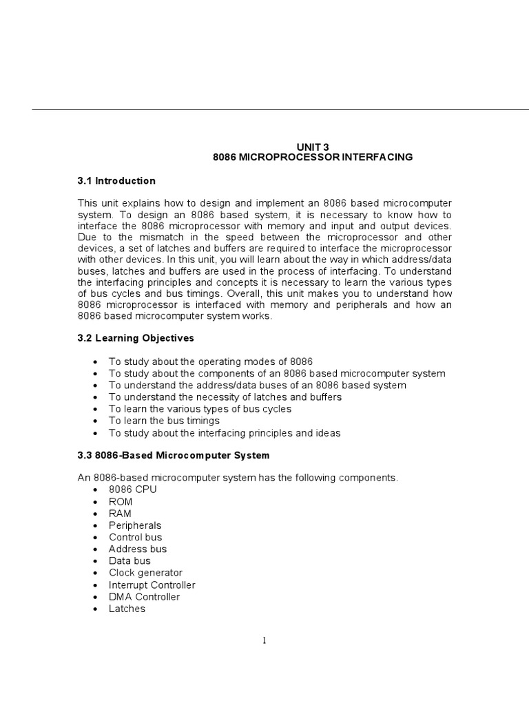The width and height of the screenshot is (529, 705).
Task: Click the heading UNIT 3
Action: tap(313, 146)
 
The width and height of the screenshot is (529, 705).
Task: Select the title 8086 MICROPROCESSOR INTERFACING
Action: tap(313, 157)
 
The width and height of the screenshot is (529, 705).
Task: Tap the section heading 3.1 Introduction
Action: tap(116, 181)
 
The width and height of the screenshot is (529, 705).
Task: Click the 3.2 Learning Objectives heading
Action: tap(136, 338)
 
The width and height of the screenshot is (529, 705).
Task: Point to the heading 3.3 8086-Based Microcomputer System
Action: tap(174, 456)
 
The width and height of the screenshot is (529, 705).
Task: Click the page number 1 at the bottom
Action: tap(264, 641)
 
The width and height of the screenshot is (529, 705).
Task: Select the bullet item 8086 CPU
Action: tap(133, 490)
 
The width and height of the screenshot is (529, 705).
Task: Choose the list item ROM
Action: tap(121, 502)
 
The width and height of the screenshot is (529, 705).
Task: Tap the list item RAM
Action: tap(121, 514)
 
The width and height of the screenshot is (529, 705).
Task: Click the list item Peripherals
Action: tap(135, 525)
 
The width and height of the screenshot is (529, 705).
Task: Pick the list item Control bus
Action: tap(136, 537)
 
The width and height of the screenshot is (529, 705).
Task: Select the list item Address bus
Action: tap(138, 549)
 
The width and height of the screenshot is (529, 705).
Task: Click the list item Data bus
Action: tap(129, 561)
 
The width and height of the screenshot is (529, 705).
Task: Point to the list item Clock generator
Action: tap(146, 573)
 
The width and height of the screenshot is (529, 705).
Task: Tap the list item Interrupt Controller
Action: tap(152, 585)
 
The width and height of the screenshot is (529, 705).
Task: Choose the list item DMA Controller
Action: tap(145, 597)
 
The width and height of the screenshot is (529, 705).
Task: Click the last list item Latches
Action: tap(127, 609)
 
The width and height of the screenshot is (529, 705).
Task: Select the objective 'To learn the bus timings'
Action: tap(165, 421)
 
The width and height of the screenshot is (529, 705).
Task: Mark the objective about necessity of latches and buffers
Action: tap(225, 397)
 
